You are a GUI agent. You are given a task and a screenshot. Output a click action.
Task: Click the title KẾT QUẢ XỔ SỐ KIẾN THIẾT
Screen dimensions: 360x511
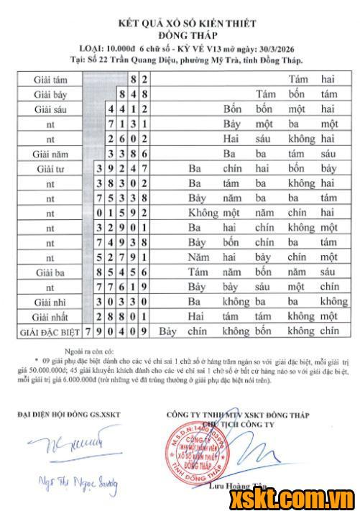click(x=180, y=24)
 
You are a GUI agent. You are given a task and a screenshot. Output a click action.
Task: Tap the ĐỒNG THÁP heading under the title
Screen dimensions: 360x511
click(x=180, y=35)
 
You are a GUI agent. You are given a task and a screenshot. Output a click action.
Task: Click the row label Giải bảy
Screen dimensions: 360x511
click(x=51, y=94)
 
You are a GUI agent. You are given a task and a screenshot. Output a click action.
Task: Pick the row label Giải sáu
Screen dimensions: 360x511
click(x=51, y=109)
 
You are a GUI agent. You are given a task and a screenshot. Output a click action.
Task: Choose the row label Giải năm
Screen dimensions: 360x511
click(x=51, y=154)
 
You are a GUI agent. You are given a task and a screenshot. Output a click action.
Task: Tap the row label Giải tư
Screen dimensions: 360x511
click(x=51, y=169)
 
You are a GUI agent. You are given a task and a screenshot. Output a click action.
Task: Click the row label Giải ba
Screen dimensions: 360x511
click(x=51, y=272)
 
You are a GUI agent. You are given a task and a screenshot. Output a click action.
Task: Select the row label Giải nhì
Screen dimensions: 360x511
click(x=51, y=302)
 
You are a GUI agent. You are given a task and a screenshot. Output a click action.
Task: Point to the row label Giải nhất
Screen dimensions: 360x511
click(x=51, y=316)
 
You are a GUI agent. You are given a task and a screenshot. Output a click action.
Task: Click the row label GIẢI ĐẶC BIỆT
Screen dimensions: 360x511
click(x=47, y=332)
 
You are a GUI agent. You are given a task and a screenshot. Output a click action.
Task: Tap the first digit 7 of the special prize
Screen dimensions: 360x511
click(x=88, y=332)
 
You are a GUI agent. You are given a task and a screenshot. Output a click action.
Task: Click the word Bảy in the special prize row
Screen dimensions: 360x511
click(x=168, y=332)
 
